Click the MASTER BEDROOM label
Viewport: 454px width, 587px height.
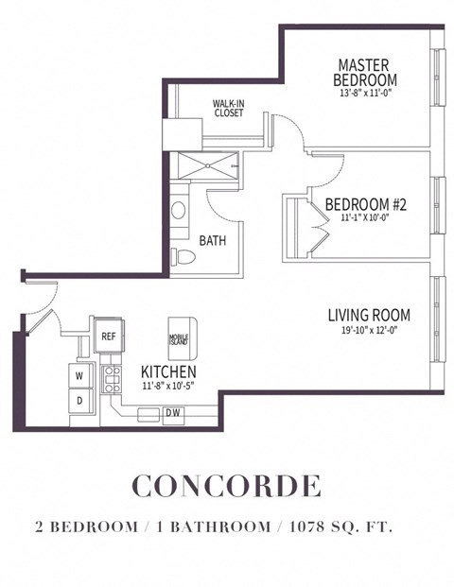(x=367, y=72)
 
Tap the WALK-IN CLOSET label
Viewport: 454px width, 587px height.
(x=227, y=109)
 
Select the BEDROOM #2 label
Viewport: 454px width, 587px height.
(x=365, y=204)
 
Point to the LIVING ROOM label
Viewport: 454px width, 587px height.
(x=368, y=315)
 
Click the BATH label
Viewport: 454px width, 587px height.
(x=212, y=241)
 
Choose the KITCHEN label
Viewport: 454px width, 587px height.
(x=168, y=371)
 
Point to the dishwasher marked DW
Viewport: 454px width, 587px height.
(x=173, y=413)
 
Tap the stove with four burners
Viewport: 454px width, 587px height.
(x=112, y=380)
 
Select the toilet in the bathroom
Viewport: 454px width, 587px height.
(x=183, y=256)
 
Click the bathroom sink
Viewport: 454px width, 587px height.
(x=179, y=210)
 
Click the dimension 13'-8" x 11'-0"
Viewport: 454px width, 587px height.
(x=367, y=94)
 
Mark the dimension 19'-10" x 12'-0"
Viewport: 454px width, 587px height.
(x=368, y=330)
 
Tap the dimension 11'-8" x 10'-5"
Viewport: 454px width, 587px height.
(x=168, y=386)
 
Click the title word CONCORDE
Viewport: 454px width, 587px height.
(x=227, y=486)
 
